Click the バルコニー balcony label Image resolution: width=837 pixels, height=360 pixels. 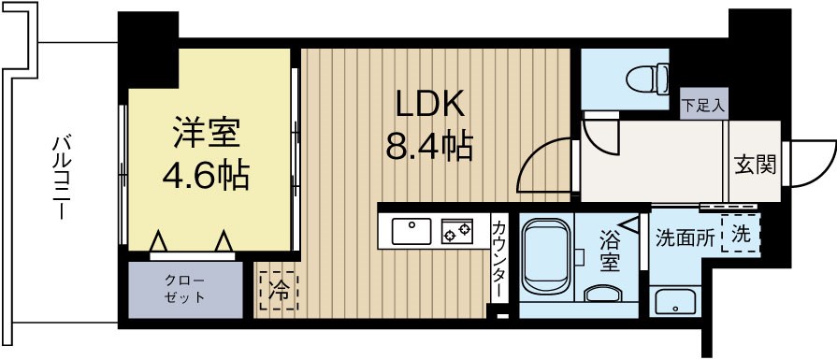(x=62, y=178)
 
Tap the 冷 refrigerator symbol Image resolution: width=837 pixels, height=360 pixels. (x=279, y=289)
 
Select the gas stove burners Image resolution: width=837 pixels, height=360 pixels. (x=458, y=228)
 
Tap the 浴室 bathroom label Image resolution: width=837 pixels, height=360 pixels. (x=609, y=252)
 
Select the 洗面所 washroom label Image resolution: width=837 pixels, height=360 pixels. (x=685, y=238)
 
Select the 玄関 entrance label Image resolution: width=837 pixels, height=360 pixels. (x=755, y=166)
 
